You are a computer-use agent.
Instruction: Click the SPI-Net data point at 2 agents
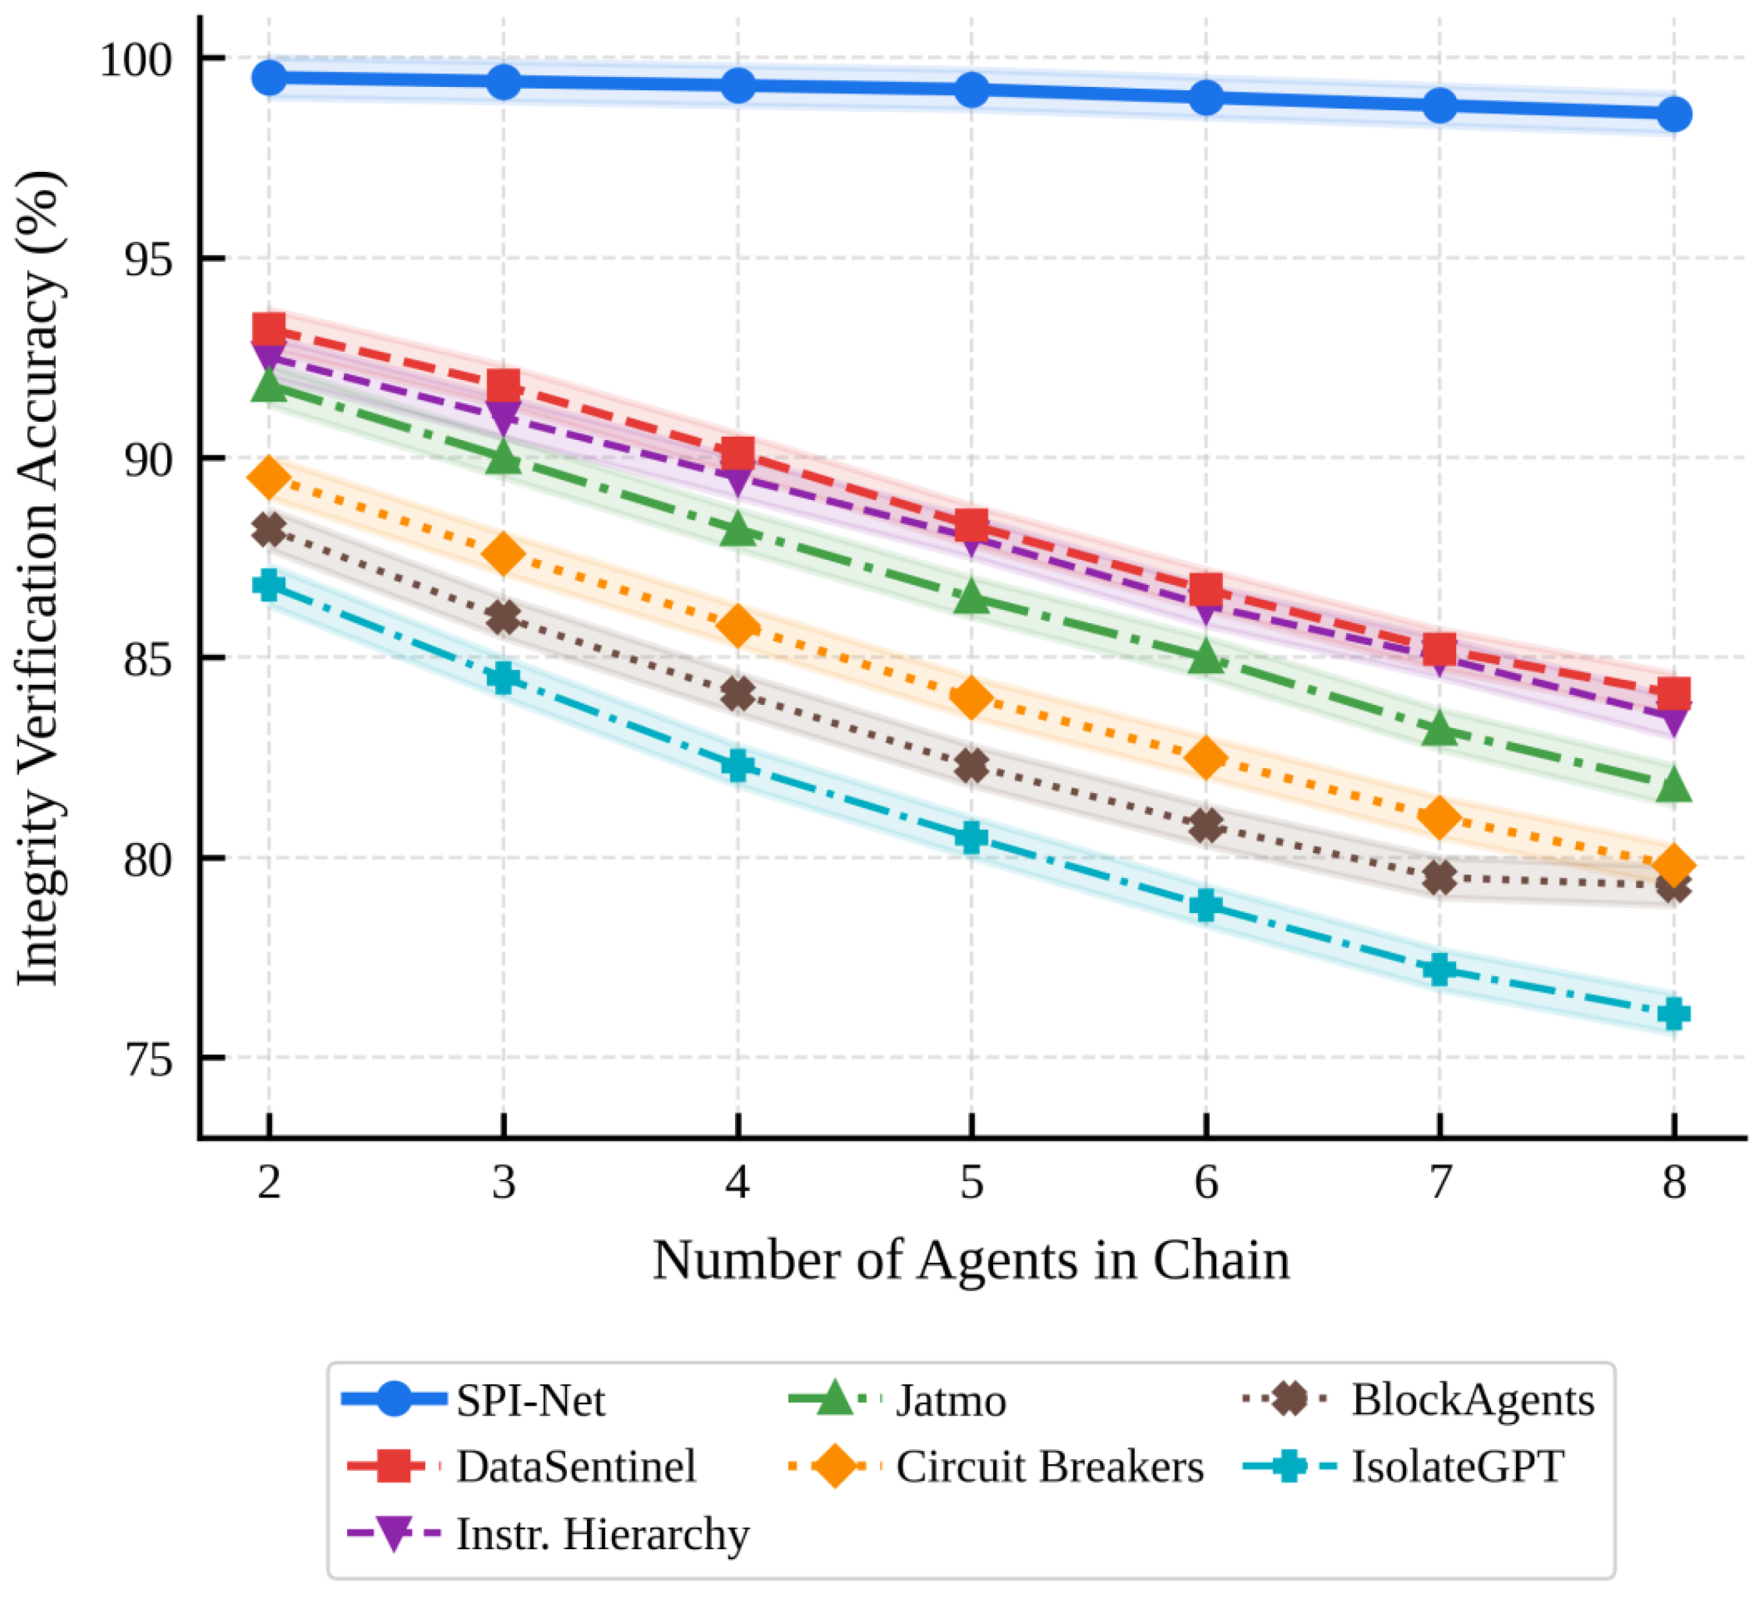pyautogui.click(x=269, y=78)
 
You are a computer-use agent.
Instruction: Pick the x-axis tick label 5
pyautogui.click(x=971, y=1182)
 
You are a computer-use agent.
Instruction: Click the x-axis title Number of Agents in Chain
pyautogui.click(x=971, y=1260)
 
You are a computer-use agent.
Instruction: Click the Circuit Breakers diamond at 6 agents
pyautogui.click(x=1206, y=757)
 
